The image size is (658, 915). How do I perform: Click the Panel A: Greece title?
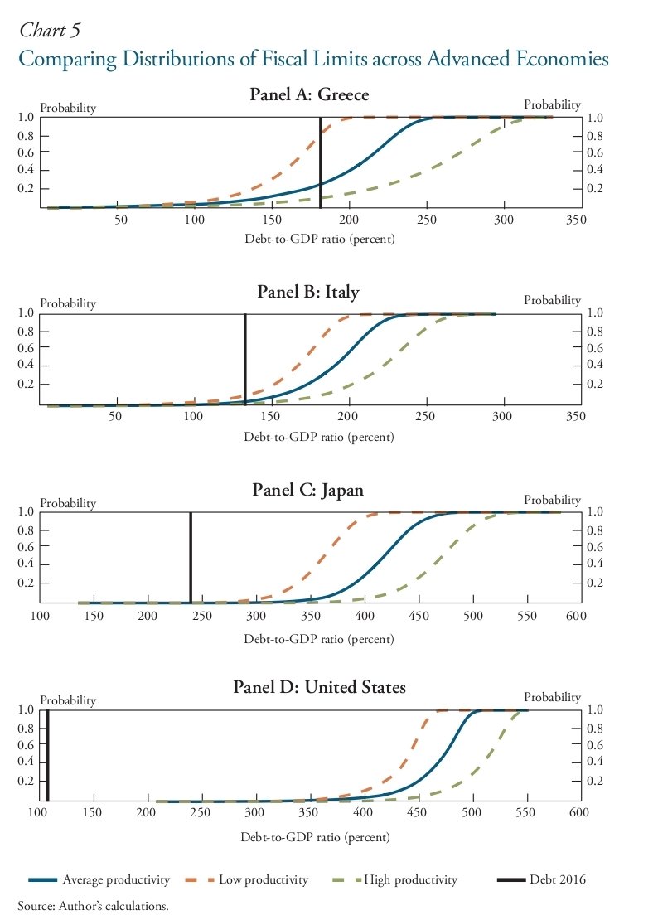coord(309,94)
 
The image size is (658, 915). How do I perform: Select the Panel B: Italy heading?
coord(308,291)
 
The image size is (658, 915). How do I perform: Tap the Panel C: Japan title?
coord(308,490)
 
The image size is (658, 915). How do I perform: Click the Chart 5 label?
coord(50,31)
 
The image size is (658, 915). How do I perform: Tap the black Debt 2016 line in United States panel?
coord(48,754)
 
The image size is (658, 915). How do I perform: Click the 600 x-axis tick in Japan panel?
coord(576,616)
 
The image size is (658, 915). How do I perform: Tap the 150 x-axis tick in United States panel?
coord(92,813)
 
